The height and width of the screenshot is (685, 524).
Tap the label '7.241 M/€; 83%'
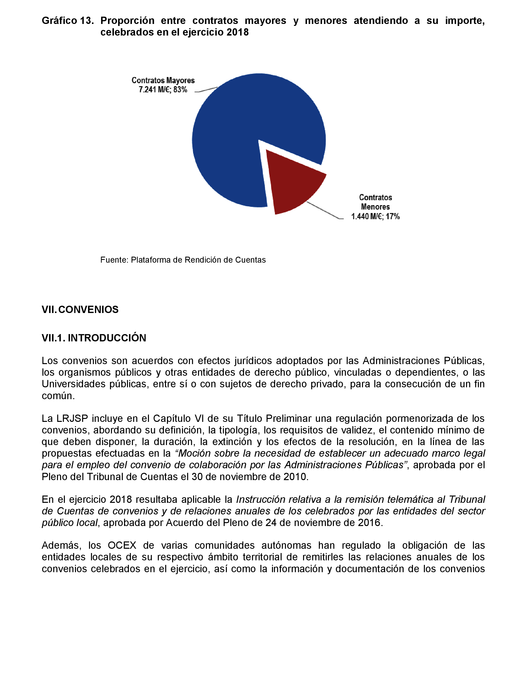[x=163, y=90]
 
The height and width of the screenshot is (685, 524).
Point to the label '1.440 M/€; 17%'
[x=375, y=216]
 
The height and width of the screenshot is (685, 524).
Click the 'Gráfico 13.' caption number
[x=68, y=20]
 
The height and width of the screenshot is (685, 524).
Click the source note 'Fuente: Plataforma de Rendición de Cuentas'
[x=183, y=260]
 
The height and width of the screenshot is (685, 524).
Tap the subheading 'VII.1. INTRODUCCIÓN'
[x=94, y=338]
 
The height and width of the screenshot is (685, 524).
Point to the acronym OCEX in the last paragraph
[x=122, y=546]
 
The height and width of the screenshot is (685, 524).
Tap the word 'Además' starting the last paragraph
[x=61, y=546]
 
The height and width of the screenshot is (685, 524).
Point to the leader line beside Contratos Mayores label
[x=206, y=90]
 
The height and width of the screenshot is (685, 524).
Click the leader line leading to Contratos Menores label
[x=324, y=211]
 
